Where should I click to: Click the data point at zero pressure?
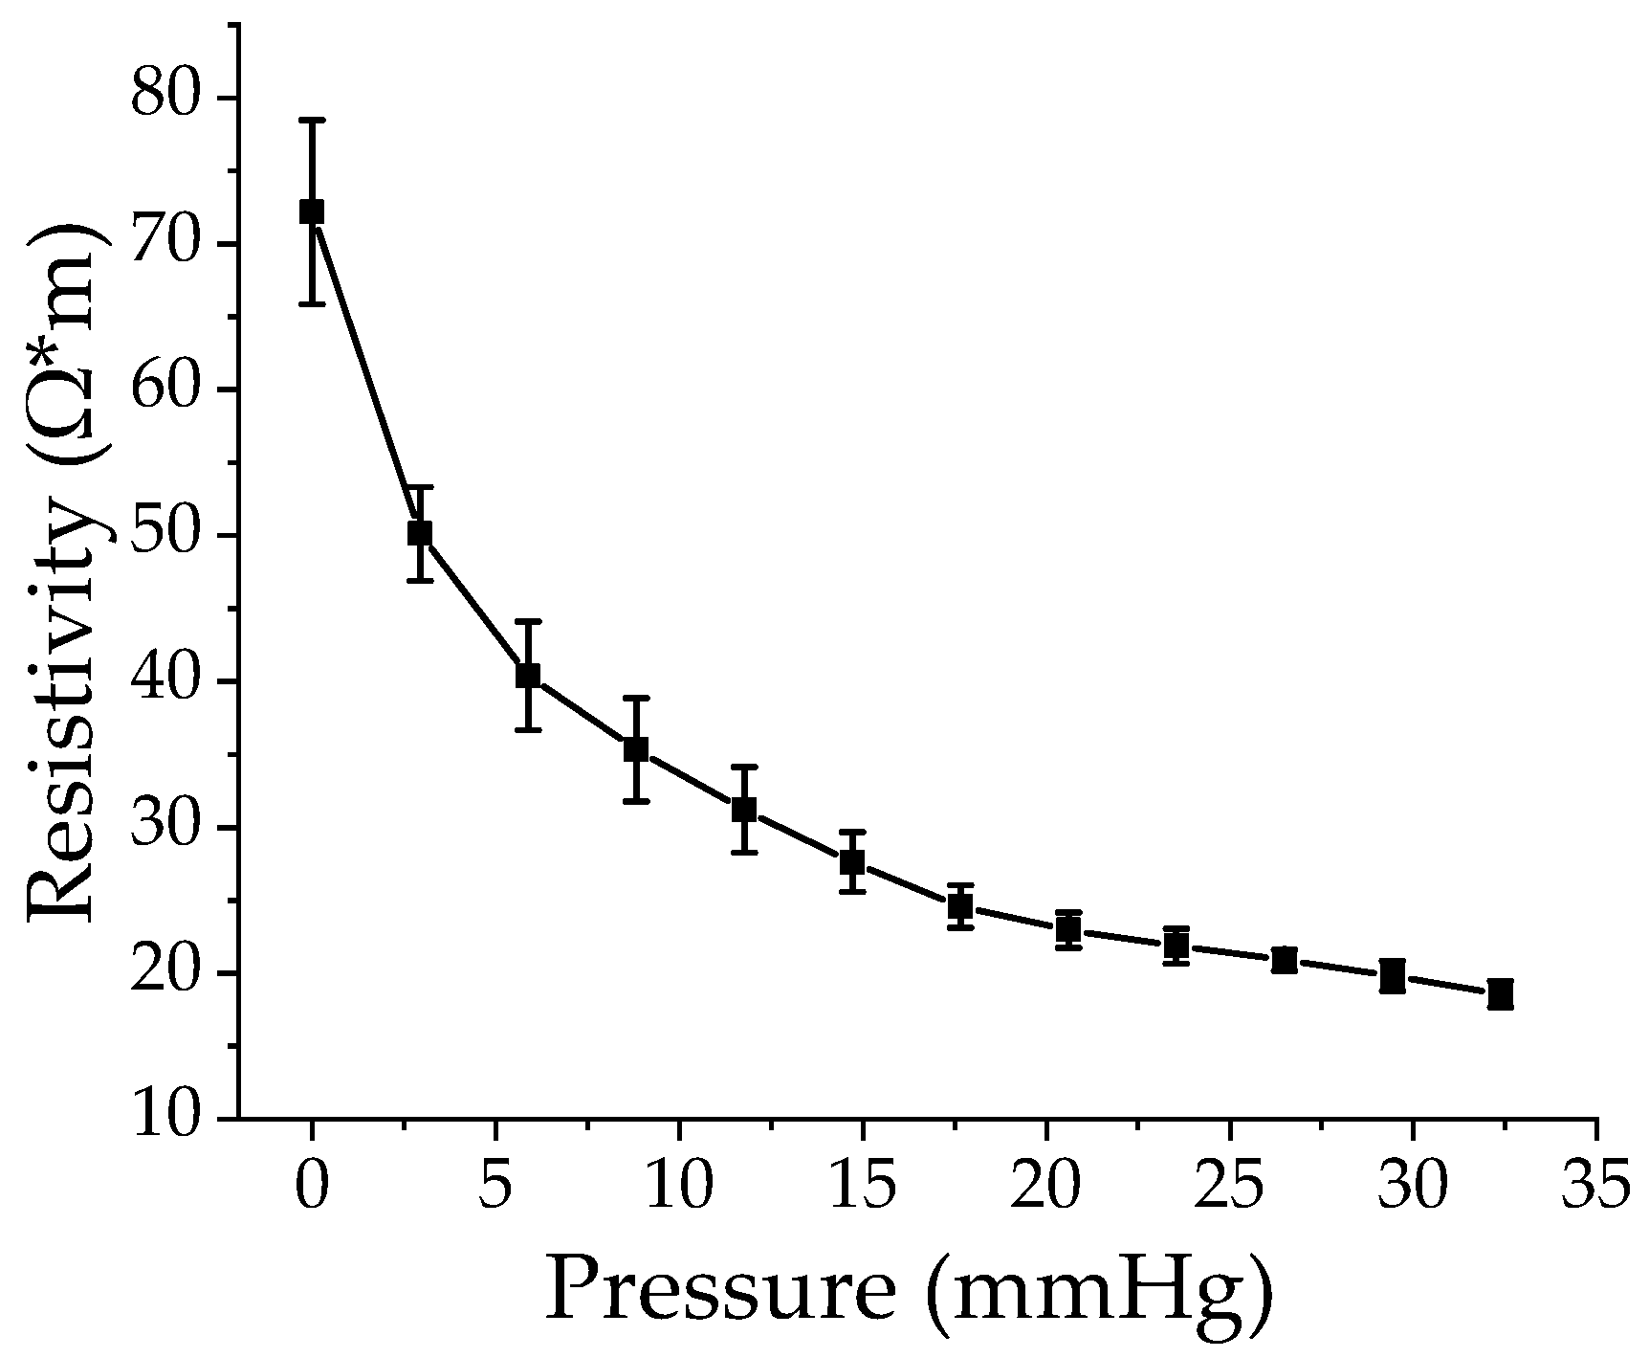click(x=312, y=211)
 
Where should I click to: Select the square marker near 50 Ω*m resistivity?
click(x=420, y=533)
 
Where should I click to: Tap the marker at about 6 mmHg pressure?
click(x=528, y=676)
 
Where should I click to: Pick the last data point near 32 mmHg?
click(x=1501, y=994)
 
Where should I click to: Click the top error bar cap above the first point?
click(x=312, y=121)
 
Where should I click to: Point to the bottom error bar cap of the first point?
click(x=312, y=304)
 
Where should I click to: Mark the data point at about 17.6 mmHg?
click(x=960, y=905)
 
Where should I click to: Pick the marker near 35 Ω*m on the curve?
click(x=636, y=749)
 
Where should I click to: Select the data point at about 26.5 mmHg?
click(x=1285, y=960)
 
